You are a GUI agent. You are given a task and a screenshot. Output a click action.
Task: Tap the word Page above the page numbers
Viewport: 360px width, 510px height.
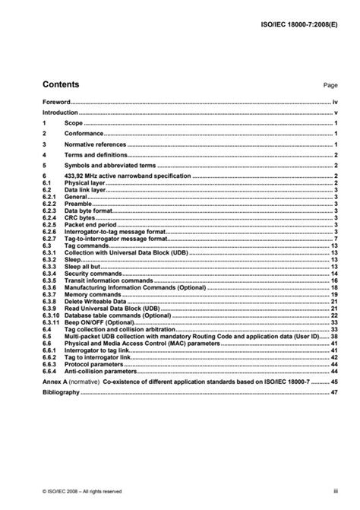click(x=329, y=87)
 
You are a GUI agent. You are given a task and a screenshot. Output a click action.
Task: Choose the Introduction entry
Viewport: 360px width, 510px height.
click(x=61, y=112)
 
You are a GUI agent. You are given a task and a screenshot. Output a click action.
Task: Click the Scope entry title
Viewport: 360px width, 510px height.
click(x=73, y=122)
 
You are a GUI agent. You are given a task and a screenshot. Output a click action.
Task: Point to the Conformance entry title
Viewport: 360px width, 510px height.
click(x=84, y=133)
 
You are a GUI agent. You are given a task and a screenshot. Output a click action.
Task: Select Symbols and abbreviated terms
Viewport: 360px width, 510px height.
click(x=109, y=165)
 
